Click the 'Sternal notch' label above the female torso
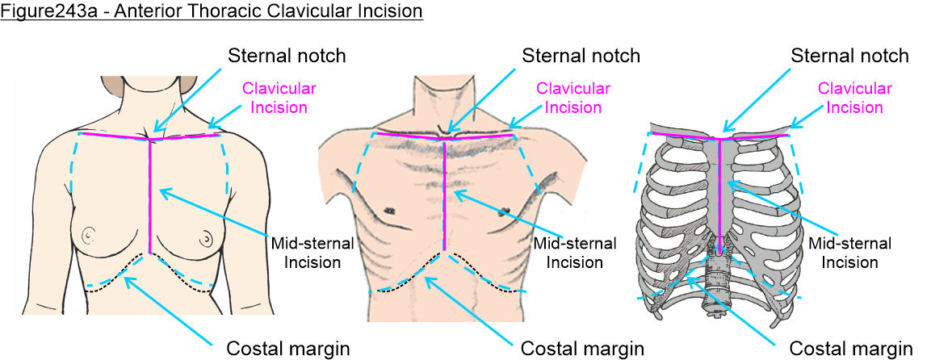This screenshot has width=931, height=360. [x=287, y=57]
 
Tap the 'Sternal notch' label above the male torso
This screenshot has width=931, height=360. [x=581, y=57]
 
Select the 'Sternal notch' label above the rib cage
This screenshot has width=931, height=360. [x=849, y=57]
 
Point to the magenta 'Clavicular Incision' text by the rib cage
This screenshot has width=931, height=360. [x=855, y=96]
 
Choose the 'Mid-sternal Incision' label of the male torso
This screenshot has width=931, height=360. [x=576, y=252]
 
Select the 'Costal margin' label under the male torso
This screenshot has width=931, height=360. [x=582, y=350]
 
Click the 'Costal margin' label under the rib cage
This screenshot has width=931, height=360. [x=850, y=350]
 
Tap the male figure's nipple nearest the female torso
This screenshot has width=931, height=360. [x=390, y=210]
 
